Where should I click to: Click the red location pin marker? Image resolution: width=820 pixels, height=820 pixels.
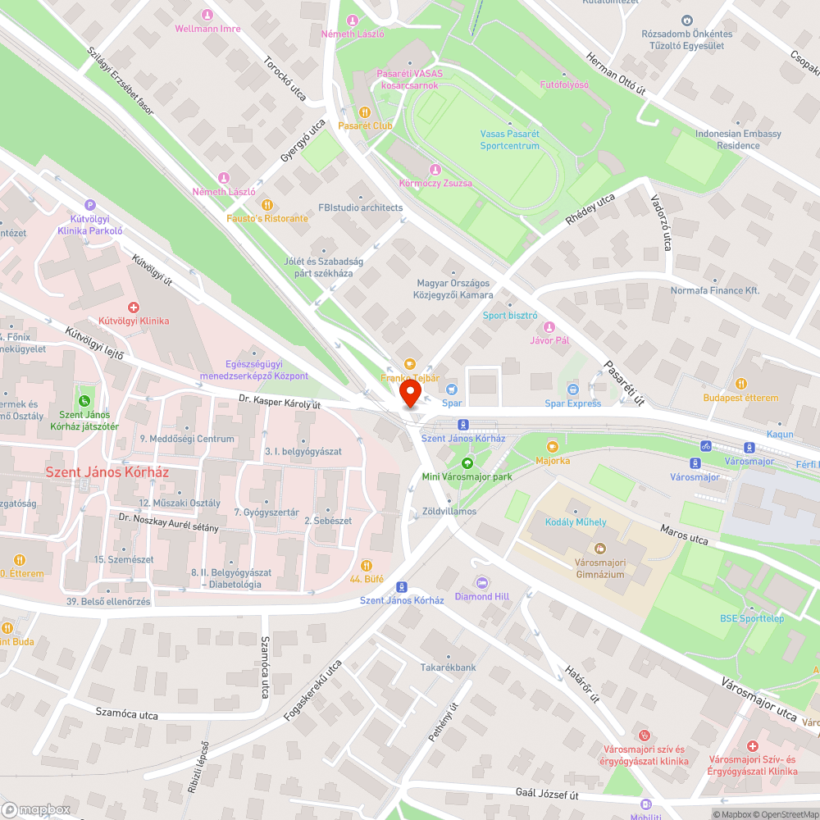click(x=409, y=395)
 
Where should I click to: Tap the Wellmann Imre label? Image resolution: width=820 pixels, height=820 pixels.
click(x=207, y=29)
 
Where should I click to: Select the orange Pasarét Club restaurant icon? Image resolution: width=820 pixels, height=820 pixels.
click(x=365, y=112)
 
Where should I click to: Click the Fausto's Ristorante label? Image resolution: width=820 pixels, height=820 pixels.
click(x=267, y=218)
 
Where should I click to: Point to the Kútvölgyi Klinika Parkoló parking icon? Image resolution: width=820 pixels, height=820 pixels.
click(x=90, y=206)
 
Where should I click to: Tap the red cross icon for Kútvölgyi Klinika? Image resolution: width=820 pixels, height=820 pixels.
click(x=133, y=307)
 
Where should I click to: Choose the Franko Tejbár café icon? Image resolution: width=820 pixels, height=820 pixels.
click(x=410, y=364)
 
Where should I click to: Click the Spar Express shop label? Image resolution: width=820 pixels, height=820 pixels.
click(x=572, y=403)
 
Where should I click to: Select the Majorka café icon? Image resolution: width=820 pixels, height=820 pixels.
click(x=552, y=446)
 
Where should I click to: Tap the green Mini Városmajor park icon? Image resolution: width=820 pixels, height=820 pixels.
click(x=467, y=463)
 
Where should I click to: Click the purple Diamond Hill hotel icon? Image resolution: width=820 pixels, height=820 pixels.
click(x=483, y=582)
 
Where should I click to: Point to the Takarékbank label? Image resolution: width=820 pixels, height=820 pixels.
click(x=449, y=667)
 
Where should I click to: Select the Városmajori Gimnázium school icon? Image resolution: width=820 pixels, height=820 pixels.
click(x=599, y=548)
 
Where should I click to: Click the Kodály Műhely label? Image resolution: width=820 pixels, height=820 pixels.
click(x=576, y=522)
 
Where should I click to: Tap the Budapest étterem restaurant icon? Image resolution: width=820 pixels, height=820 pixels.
click(x=740, y=384)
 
